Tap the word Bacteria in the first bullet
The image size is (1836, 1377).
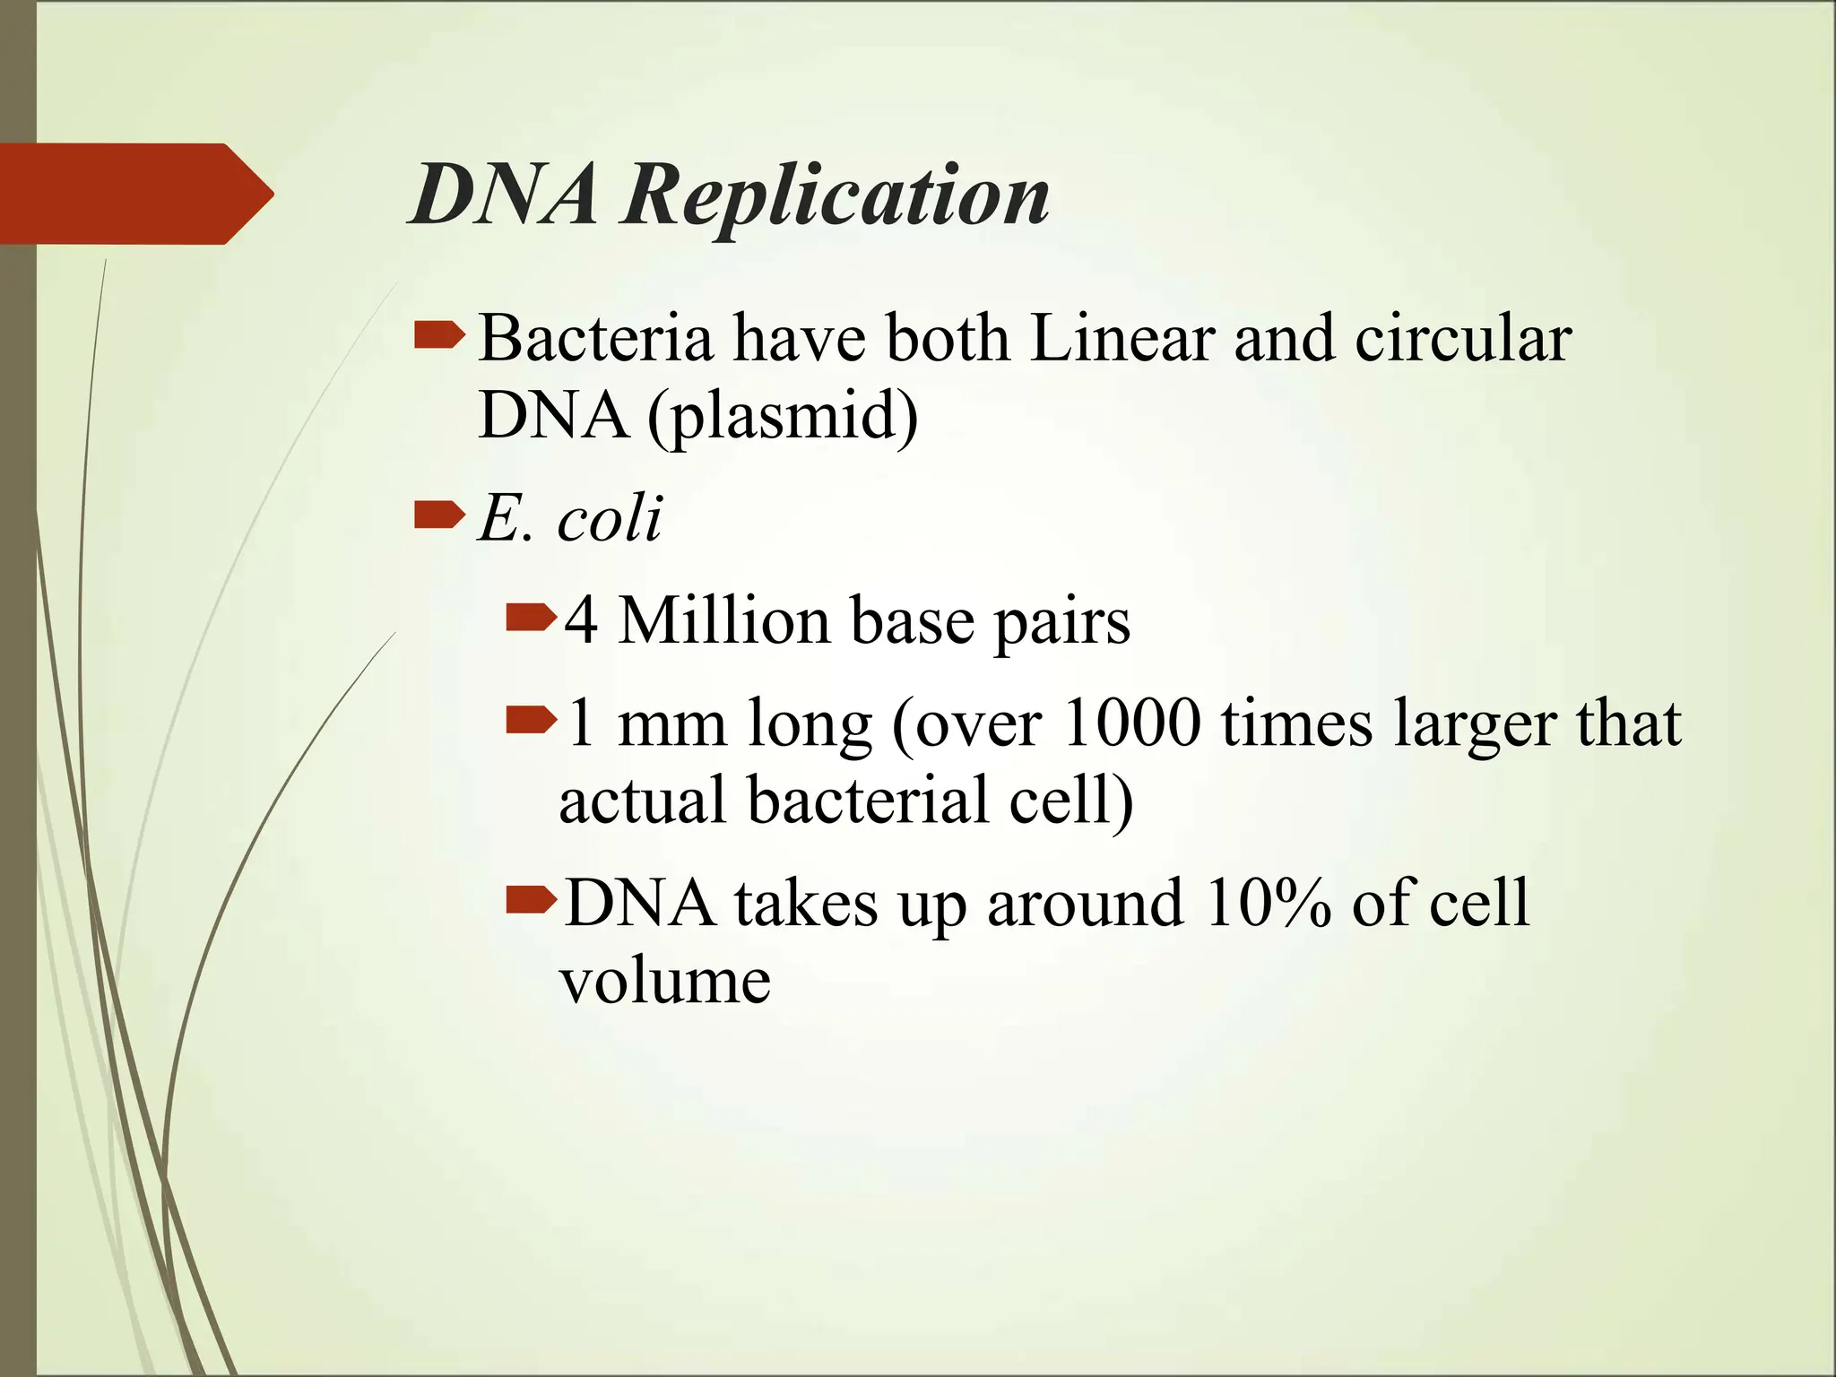click(595, 339)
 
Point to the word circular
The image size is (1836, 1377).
click(1463, 339)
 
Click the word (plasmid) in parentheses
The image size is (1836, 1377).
click(783, 417)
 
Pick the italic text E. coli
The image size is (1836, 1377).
click(570, 518)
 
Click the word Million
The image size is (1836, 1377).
click(723, 620)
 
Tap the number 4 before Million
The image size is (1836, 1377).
click(581, 620)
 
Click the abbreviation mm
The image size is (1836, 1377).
click(671, 724)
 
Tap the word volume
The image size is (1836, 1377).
click(664, 980)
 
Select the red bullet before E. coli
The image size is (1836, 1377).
click(439, 515)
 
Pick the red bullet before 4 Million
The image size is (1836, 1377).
click(531, 618)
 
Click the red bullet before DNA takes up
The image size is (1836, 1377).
click(531, 899)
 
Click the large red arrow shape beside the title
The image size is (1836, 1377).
click(134, 194)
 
